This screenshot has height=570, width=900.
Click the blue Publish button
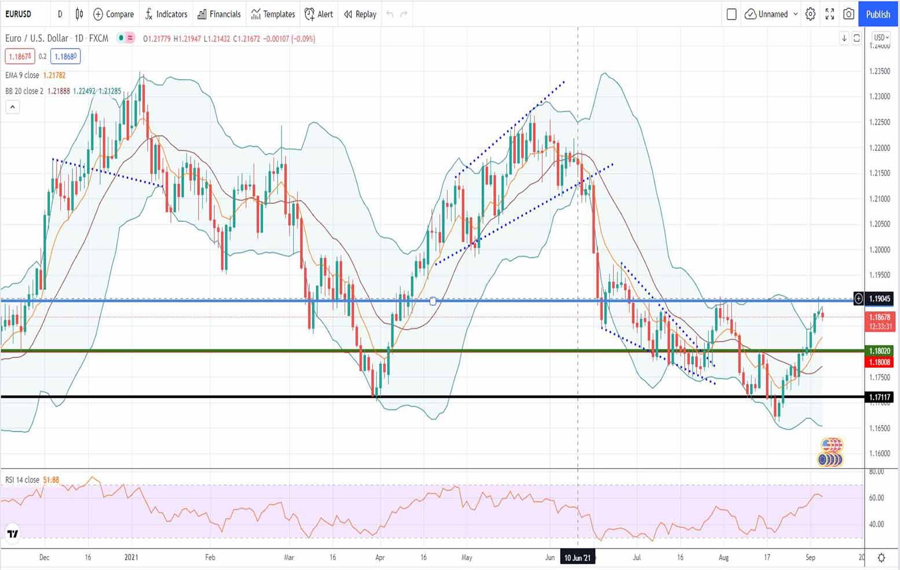[877, 14]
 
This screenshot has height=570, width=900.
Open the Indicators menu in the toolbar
[166, 14]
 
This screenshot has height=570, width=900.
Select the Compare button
[114, 14]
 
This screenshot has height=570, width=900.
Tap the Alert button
[319, 14]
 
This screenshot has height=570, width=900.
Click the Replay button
[360, 14]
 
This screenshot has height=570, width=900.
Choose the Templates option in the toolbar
[273, 14]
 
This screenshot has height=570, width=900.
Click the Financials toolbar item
[219, 14]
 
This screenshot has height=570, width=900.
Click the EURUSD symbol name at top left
[19, 14]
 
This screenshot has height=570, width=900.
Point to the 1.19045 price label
[879, 298]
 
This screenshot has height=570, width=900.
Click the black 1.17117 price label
[879, 397]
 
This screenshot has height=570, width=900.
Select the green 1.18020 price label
[879, 350]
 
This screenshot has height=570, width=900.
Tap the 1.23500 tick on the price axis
[879, 71]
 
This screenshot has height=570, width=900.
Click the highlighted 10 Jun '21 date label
[577, 557]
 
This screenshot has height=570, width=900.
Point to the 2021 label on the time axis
[131, 557]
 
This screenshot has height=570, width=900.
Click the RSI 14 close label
[22, 480]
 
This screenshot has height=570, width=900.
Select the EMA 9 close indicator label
[22, 75]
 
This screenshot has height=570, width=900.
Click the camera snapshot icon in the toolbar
[848, 14]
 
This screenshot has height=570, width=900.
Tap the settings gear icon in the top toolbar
[810, 14]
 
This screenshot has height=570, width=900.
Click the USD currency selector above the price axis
[881, 38]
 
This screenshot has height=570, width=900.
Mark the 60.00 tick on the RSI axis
[877, 498]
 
